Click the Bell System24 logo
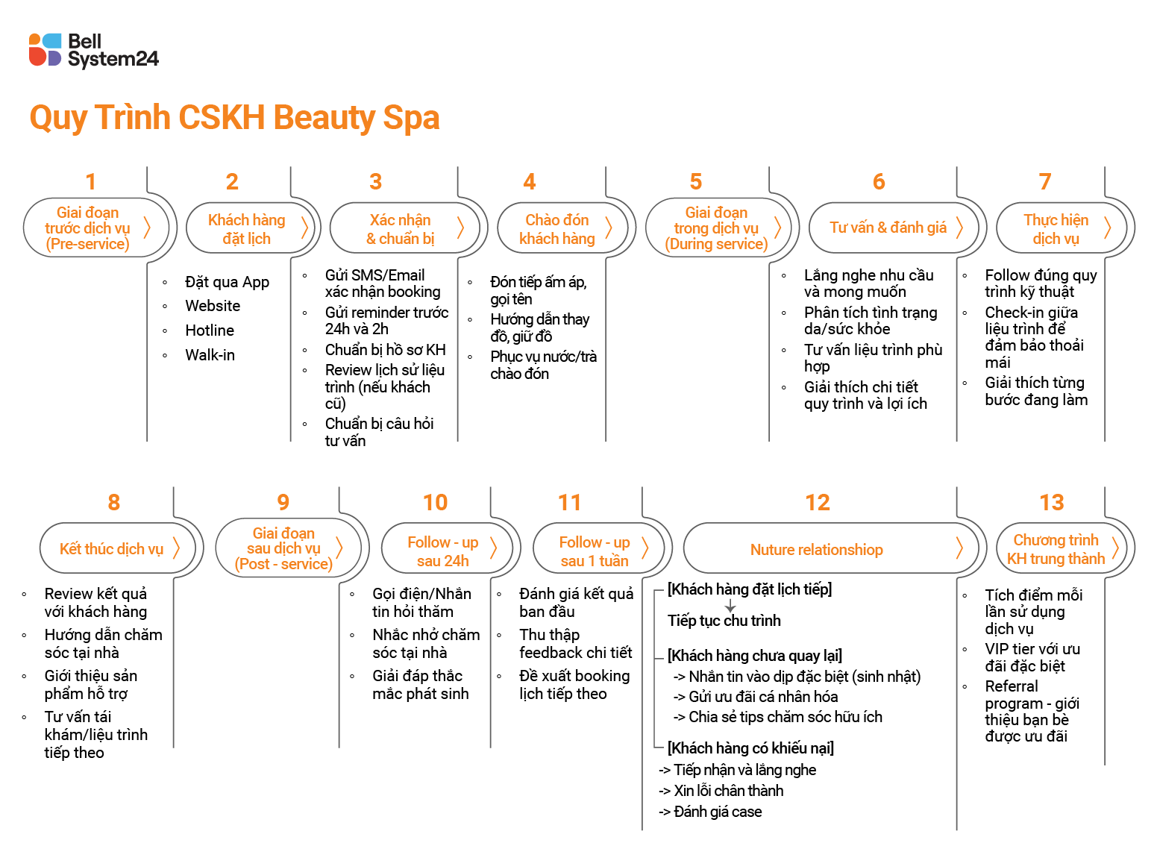(x=93, y=50)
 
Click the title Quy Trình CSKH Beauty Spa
(x=234, y=118)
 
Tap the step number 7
(x=1044, y=181)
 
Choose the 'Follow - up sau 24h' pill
(x=442, y=551)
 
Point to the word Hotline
(x=210, y=330)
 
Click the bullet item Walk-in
(x=210, y=355)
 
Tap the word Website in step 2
(x=213, y=306)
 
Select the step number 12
(x=818, y=502)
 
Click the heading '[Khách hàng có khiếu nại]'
(x=750, y=748)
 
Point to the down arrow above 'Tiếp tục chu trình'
(x=730, y=607)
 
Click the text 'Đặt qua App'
(x=227, y=282)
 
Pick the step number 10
(x=435, y=502)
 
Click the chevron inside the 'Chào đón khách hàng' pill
(x=609, y=228)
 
